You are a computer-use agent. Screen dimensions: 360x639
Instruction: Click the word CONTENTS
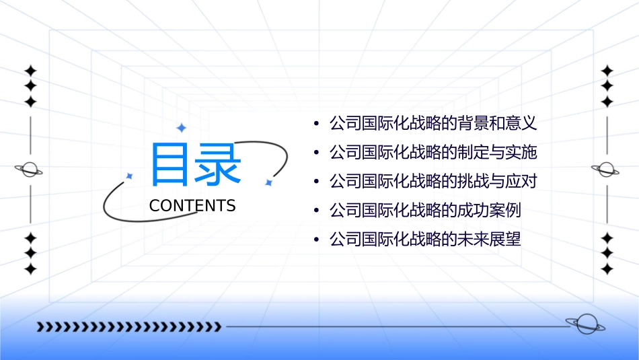click(x=192, y=206)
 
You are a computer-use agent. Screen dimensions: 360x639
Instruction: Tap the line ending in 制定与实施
click(x=433, y=152)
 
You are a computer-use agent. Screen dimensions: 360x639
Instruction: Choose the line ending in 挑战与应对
click(x=433, y=181)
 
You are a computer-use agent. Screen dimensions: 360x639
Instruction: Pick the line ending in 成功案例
click(x=425, y=210)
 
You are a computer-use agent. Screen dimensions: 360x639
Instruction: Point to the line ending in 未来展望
click(x=425, y=239)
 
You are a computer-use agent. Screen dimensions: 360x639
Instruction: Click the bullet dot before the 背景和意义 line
click(x=316, y=124)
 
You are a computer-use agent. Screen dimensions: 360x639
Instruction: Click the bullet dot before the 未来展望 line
click(x=316, y=240)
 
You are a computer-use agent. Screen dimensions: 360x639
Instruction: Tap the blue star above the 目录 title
click(x=180, y=128)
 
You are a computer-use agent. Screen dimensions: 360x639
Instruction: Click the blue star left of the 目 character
click(x=130, y=176)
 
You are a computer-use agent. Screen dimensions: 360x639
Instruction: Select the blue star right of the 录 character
click(x=268, y=182)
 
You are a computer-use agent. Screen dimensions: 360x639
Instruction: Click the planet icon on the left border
click(x=29, y=170)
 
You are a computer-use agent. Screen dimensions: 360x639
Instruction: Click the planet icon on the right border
click(x=606, y=170)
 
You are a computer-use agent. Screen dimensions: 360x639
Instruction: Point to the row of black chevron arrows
click(x=128, y=327)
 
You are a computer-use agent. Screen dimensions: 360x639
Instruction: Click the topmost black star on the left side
click(x=30, y=70)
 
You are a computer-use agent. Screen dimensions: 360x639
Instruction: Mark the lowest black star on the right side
click(x=607, y=269)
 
